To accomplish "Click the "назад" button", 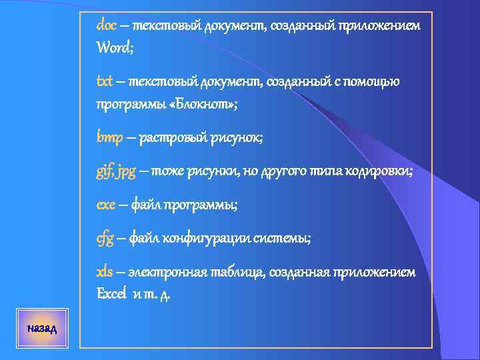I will tap(42, 329).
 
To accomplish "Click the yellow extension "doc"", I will tap(107, 25).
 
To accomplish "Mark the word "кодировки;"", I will tap(381, 172).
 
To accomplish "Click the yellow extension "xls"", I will tap(105, 272).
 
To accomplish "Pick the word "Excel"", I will tap(111, 293).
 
